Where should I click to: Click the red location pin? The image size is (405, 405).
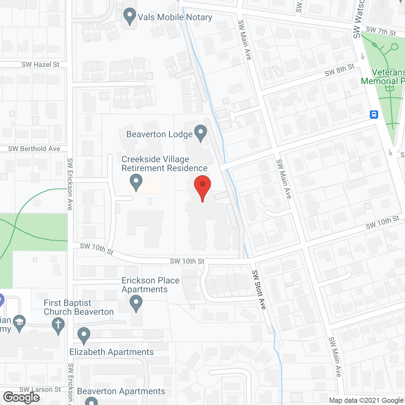[x=202, y=186]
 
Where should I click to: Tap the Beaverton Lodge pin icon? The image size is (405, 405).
[x=200, y=133]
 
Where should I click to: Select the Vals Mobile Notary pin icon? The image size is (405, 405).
[x=129, y=16]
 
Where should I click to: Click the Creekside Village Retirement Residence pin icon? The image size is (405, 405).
[x=136, y=182]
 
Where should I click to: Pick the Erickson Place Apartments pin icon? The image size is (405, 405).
[x=136, y=303]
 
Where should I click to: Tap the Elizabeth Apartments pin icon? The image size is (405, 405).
[x=84, y=335]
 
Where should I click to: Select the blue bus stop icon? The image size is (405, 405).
[x=374, y=114]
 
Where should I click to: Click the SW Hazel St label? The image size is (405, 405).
[x=40, y=65]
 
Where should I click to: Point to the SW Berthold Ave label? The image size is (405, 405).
[x=34, y=149]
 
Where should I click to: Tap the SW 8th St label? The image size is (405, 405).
[x=340, y=70]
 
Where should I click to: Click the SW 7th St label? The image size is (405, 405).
[x=381, y=31]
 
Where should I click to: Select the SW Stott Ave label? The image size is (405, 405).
[x=259, y=290]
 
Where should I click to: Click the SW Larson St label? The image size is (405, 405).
[x=40, y=389]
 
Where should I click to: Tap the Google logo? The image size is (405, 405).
[x=22, y=397]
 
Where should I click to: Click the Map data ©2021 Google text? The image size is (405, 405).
[x=366, y=401]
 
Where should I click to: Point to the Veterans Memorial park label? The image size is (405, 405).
[x=383, y=77]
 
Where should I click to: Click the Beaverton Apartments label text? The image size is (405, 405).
[x=121, y=391]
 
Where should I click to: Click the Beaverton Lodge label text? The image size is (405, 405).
[x=159, y=134]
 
